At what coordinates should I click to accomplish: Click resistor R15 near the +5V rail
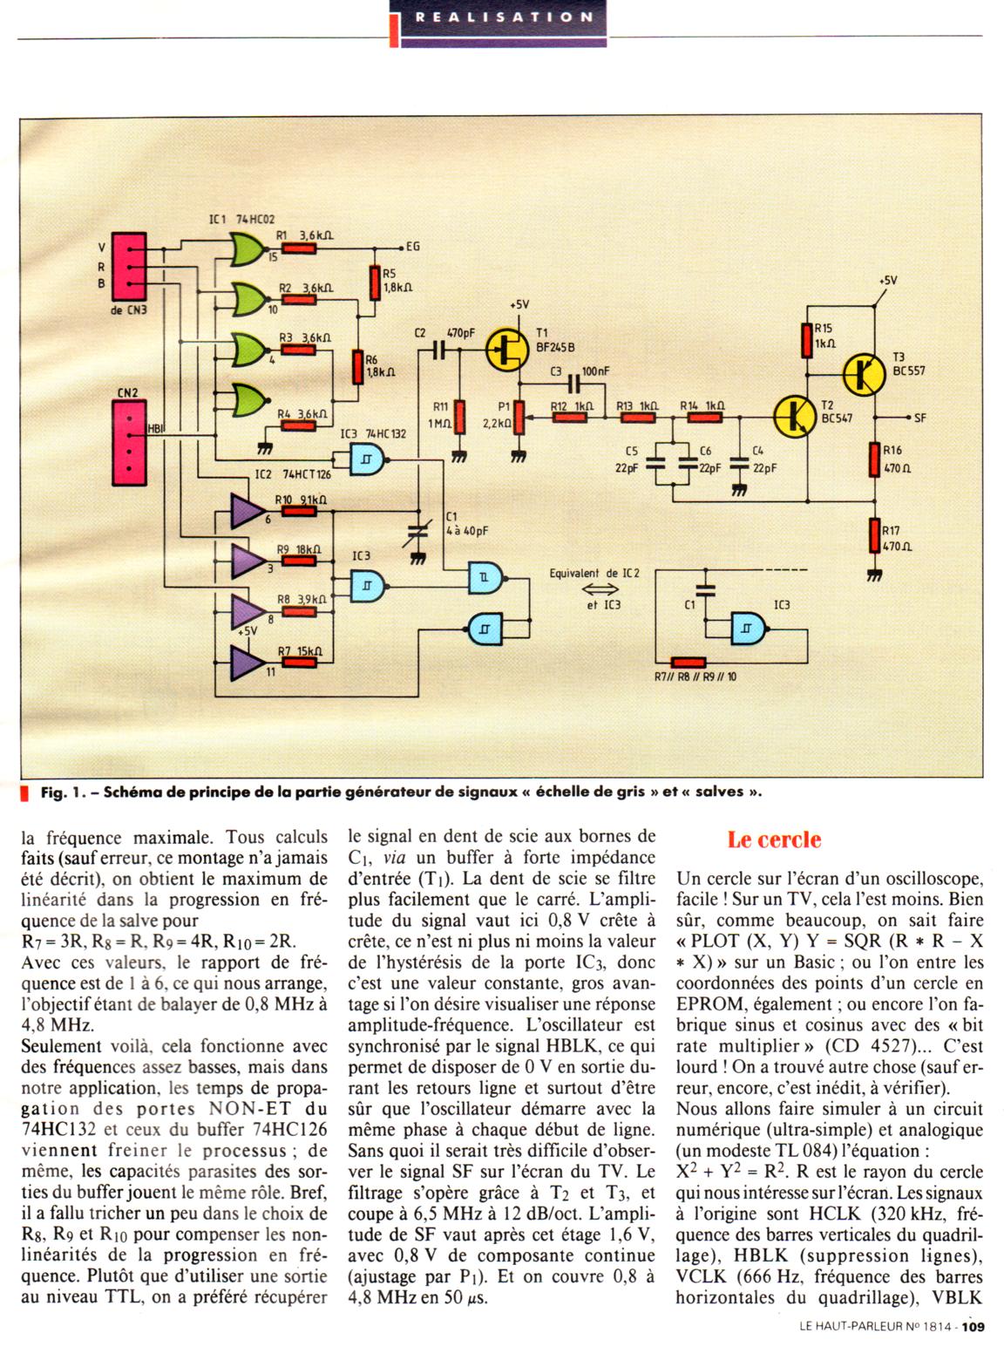[x=807, y=339]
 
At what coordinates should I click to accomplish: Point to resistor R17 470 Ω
[x=874, y=535]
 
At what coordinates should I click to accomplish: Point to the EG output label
[x=412, y=247]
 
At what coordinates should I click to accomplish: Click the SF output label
[x=920, y=418]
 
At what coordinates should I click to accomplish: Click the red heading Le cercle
[x=775, y=840]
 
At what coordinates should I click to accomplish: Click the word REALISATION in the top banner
[x=505, y=17]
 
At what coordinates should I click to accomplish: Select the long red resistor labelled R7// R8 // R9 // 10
[x=689, y=663]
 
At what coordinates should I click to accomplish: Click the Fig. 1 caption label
[x=59, y=792]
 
